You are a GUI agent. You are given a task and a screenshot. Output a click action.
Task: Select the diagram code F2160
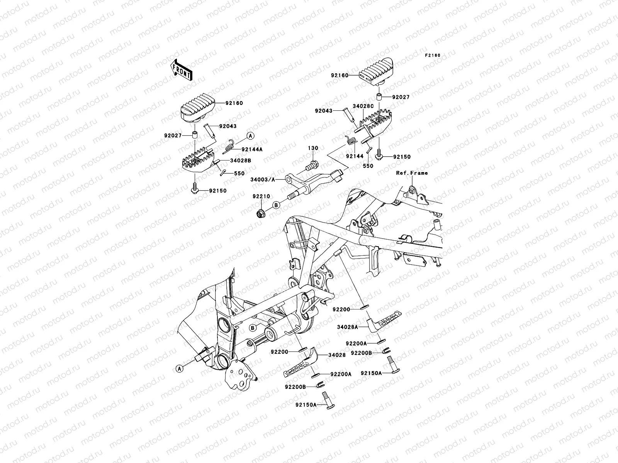click(433, 56)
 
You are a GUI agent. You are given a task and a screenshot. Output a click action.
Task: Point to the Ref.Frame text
click(412, 173)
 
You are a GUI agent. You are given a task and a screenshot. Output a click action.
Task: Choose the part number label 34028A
click(348, 327)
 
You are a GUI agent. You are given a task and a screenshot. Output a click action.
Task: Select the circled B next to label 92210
click(276, 205)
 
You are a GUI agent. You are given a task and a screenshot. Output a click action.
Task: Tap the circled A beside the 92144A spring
click(250, 136)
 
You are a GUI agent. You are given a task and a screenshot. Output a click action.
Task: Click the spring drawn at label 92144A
click(230, 145)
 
